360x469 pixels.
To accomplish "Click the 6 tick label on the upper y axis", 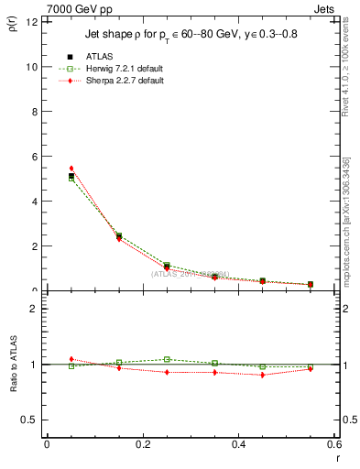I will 34,157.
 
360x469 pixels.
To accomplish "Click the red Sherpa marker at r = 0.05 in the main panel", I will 71,169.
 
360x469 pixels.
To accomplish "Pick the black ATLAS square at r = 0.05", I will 71,176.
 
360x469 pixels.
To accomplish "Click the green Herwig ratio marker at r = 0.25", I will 167,359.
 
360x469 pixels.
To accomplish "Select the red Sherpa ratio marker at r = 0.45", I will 263,375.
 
